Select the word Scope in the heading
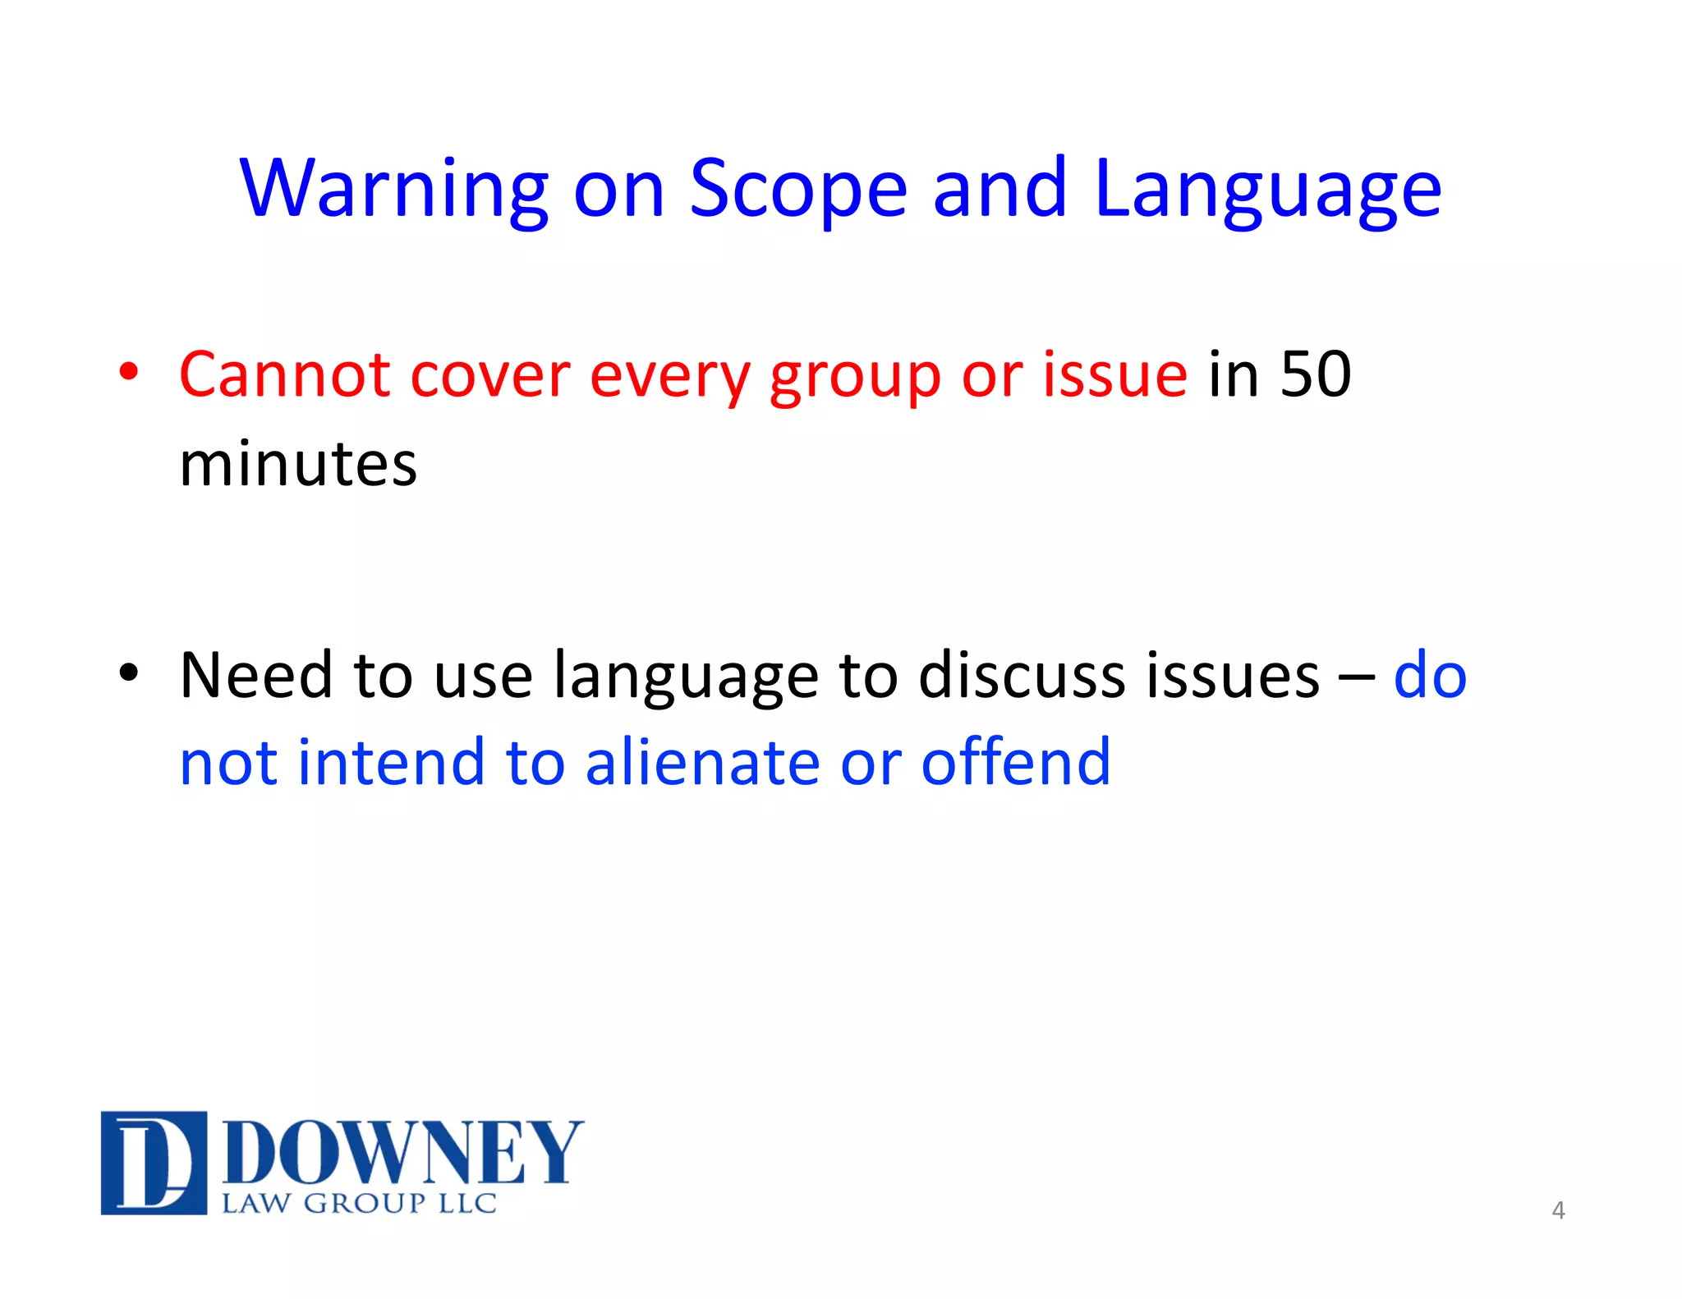point(797,190)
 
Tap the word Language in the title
point(1267,190)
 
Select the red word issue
point(1114,375)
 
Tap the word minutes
point(298,464)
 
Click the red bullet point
point(129,372)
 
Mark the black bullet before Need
point(129,672)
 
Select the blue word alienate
point(702,762)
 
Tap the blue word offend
point(1016,762)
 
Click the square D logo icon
point(154,1162)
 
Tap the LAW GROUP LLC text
point(359,1204)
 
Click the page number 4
point(1558,1210)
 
